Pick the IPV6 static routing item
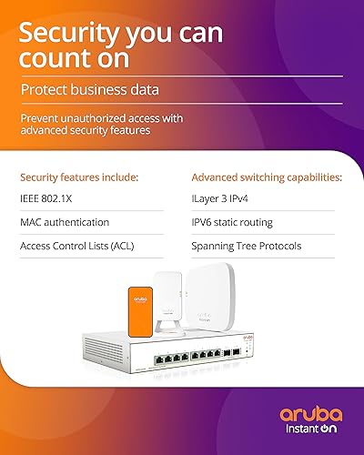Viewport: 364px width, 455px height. click(231, 222)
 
